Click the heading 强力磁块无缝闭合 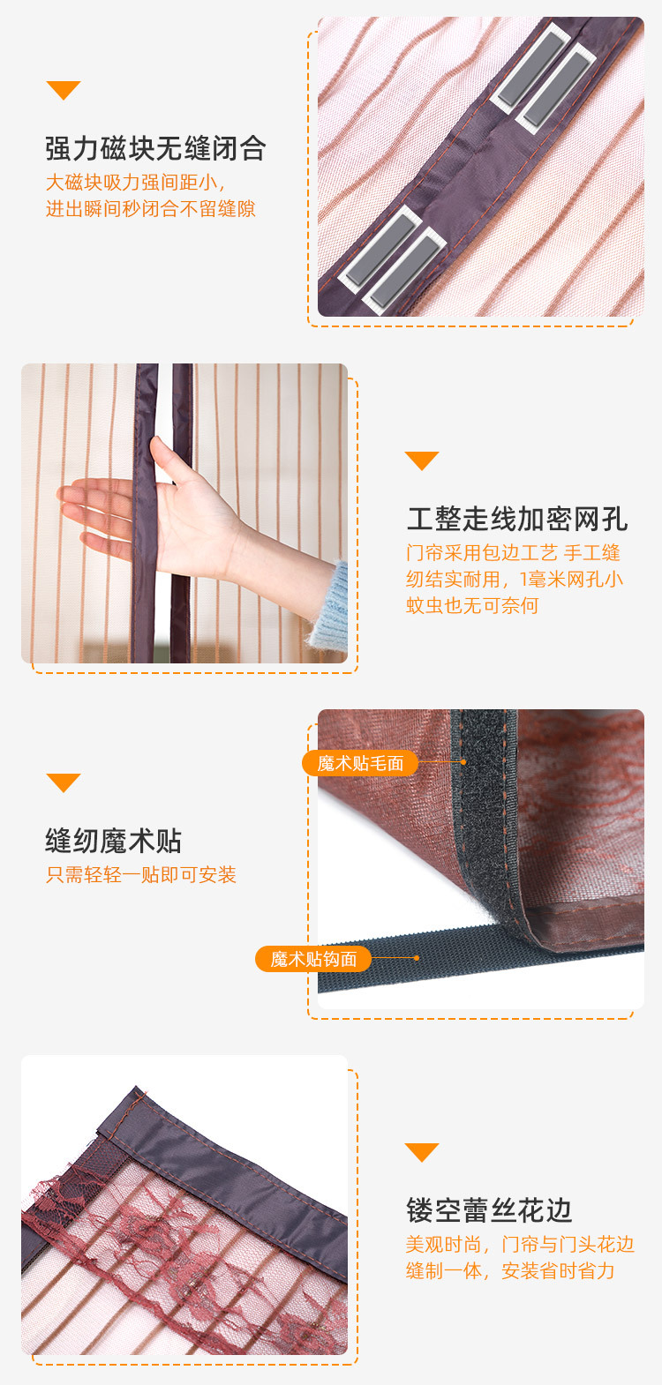(155, 148)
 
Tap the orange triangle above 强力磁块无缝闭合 (63, 90)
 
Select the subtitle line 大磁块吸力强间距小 (136, 183)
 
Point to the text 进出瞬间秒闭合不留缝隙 (150, 209)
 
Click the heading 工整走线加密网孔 (517, 519)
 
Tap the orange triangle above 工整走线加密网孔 (421, 460)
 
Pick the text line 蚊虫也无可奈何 (471, 605)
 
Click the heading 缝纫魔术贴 (113, 841)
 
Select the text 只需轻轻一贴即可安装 (141, 875)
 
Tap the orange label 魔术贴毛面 (360, 763)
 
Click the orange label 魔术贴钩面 (313, 959)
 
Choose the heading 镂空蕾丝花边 (489, 1210)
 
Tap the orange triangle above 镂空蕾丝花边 (421, 1152)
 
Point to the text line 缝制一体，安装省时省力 (510, 1270)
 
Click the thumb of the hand (166, 459)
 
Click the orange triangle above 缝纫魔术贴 (63, 782)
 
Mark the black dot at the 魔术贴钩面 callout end (417, 958)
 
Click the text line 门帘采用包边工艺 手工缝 (513, 553)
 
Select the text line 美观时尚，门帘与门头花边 (520, 1244)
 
